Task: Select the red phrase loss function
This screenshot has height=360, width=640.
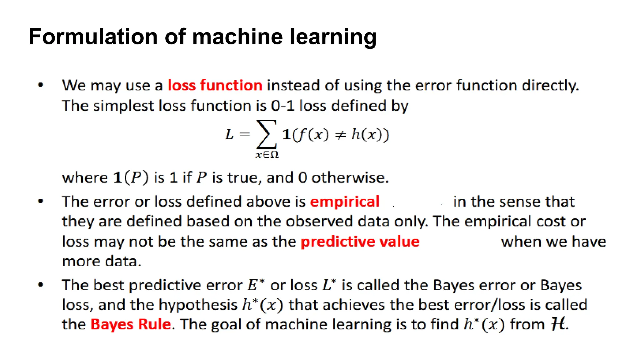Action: [215, 85]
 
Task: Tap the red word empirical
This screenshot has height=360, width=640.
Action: [345, 202]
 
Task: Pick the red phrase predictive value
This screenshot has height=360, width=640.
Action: [360, 242]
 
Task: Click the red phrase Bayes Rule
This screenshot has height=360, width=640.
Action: [131, 324]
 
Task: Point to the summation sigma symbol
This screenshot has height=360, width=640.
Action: [266, 135]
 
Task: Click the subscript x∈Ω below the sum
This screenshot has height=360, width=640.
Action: [267, 155]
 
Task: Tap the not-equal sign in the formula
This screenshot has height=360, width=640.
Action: [340, 135]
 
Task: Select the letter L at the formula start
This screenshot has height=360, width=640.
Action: [229, 135]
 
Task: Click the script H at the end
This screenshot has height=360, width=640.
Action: [558, 324]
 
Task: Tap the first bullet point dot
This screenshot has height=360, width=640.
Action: [40, 85]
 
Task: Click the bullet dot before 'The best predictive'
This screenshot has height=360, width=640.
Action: [40, 285]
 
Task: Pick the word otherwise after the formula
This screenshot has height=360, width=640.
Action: [350, 177]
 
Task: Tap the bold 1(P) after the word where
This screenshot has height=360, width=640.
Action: [131, 177]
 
